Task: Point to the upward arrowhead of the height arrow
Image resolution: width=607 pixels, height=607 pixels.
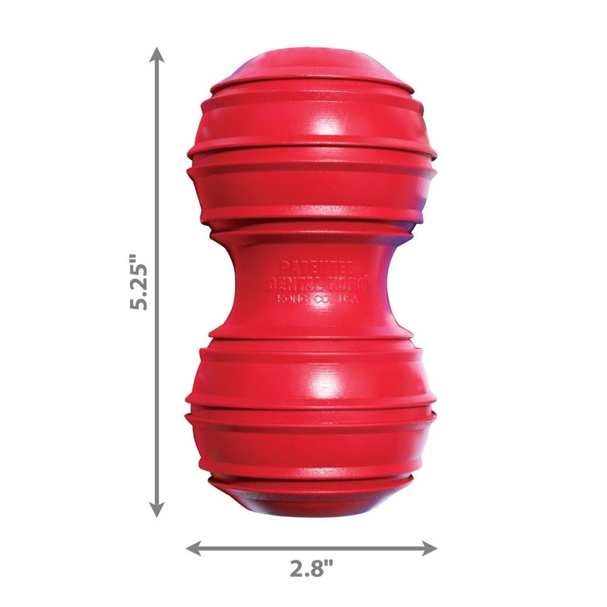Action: (x=157, y=55)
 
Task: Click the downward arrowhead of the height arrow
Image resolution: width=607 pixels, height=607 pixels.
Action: (x=157, y=510)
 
